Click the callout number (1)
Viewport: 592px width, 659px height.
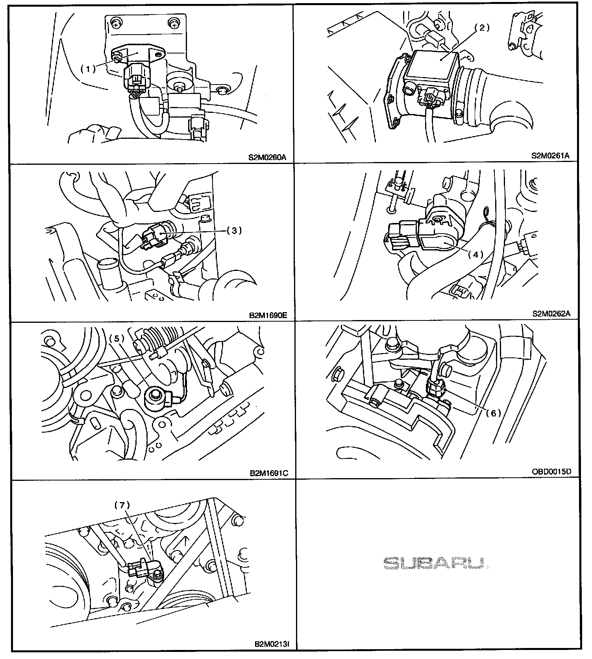click(x=88, y=68)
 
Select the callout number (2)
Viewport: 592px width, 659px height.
click(x=481, y=28)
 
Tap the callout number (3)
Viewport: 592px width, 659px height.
click(x=234, y=230)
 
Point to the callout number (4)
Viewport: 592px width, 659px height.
click(x=475, y=254)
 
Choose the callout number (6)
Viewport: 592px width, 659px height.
click(x=493, y=413)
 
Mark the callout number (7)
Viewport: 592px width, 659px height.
click(x=122, y=505)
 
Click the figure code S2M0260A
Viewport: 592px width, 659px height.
click(x=268, y=158)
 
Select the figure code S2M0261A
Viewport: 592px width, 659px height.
click(x=551, y=156)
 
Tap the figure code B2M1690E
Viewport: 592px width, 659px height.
click(x=268, y=315)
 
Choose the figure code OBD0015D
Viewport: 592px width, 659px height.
click(x=551, y=471)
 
